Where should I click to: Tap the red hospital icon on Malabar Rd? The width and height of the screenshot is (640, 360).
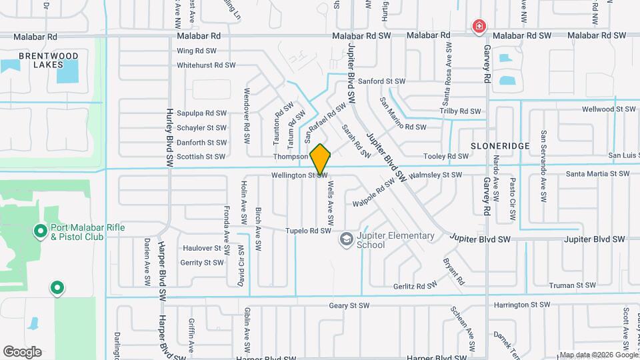click(479, 27)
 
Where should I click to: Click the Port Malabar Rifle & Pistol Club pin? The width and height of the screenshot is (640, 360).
click(40, 231)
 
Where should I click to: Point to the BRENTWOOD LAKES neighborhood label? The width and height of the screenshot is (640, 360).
click(41, 60)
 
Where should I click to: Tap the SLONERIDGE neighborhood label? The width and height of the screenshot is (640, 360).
click(499, 145)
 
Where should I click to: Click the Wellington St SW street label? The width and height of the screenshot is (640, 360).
click(298, 175)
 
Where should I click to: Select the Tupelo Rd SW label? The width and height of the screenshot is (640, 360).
click(308, 231)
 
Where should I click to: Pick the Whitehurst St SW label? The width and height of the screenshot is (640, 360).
click(206, 65)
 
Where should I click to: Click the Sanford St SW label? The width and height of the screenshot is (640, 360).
click(381, 81)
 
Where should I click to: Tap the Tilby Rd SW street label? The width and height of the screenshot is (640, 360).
click(461, 111)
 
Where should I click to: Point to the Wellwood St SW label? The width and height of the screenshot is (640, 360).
click(609, 109)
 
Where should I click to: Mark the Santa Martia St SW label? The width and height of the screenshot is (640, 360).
click(597, 174)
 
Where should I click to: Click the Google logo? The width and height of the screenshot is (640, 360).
click(22, 351)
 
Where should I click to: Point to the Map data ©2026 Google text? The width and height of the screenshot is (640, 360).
click(598, 355)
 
